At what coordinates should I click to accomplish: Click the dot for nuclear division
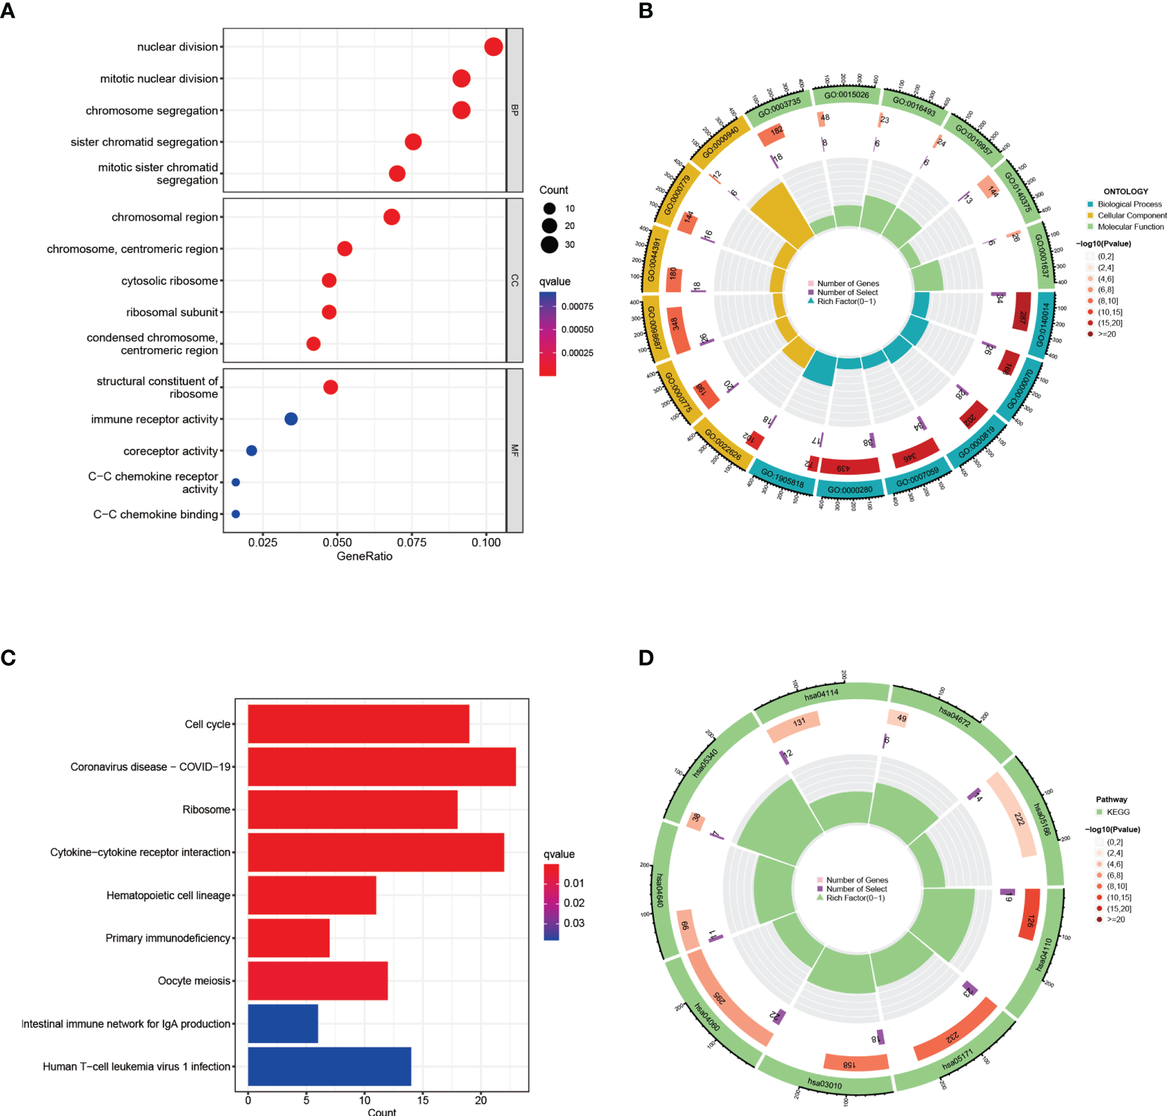(493, 47)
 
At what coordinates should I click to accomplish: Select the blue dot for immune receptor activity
(291, 419)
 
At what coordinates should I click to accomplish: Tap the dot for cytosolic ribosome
(329, 280)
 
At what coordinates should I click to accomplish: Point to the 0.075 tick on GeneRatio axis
(412, 543)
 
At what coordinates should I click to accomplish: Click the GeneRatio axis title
(365, 556)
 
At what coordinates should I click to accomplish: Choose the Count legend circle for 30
(550, 245)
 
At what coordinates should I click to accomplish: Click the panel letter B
(646, 11)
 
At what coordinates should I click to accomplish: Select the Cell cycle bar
(358, 724)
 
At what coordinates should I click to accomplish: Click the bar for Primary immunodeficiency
(288, 938)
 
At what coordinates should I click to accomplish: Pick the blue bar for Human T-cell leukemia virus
(329, 1066)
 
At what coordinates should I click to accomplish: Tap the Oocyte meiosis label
(194, 981)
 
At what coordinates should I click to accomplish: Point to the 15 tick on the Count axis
(423, 1100)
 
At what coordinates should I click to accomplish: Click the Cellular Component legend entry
(1131, 215)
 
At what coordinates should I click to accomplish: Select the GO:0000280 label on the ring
(850, 490)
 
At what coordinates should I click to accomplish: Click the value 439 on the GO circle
(843, 468)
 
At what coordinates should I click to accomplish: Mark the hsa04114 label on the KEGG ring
(821, 694)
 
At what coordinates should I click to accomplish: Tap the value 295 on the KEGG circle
(718, 999)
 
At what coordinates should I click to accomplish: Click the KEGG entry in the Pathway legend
(1118, 812)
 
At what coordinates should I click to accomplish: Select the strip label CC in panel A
(515, 280)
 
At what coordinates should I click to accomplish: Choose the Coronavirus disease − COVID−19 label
(151, 767)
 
